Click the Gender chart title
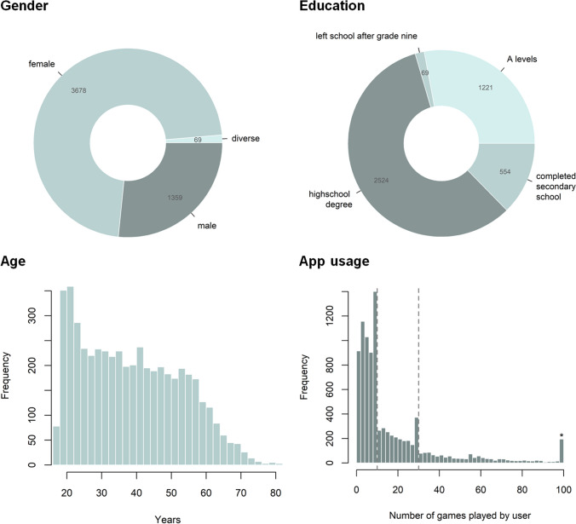click(x=24, y=5)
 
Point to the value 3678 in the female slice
click(x=78, y=90)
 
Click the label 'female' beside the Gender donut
click(x=42, y=64)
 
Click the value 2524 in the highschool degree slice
click(x=381, y=181)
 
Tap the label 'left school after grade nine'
click(x=366, y=36)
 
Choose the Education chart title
click(x=332, y=5)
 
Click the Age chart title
click(x=14, y=261)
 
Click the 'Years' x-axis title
click(x=168, y=519)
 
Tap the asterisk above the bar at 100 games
click(x=562, y=435)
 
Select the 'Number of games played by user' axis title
click(x=459, y=515)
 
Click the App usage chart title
click(x=334, y=261)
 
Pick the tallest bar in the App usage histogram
click(x=375, y=377)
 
